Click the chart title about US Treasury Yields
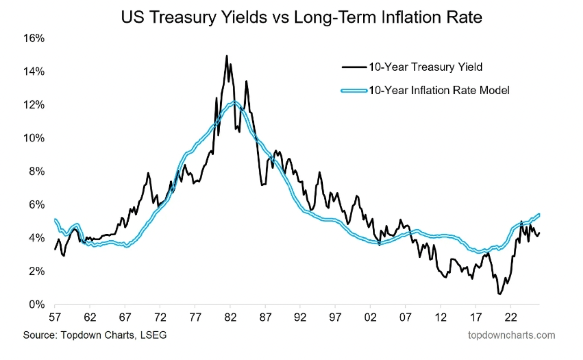pos(302,18)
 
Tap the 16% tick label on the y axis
pos(33,38)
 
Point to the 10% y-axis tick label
pos(33,138)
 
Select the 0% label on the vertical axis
pos(36,305)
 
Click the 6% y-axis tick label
pos(36,205)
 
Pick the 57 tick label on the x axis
pos(55,319)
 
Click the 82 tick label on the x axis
pos(230,319)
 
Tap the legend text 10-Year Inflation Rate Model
pos(439,90)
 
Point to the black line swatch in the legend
pos(354,67)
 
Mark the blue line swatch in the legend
pos(354,90)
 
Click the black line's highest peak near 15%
pos(227,56)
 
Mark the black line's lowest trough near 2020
pos(499,294)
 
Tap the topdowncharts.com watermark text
pos(512,335)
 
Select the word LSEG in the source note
pos(154,335)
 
